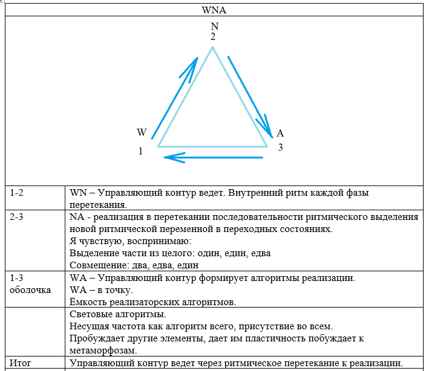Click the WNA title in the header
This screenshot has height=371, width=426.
213,10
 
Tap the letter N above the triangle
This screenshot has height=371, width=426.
213,26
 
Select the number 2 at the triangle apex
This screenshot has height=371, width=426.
213,37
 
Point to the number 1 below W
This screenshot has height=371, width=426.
141,151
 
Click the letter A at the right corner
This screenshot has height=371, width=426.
280,133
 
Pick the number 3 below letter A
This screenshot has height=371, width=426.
280,147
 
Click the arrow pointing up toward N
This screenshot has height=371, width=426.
175,97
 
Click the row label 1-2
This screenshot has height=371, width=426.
18,193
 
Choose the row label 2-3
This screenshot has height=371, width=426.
18,217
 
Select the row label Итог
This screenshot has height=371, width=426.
21,363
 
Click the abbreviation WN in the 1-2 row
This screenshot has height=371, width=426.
79,193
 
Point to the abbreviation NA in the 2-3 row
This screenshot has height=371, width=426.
77,217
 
